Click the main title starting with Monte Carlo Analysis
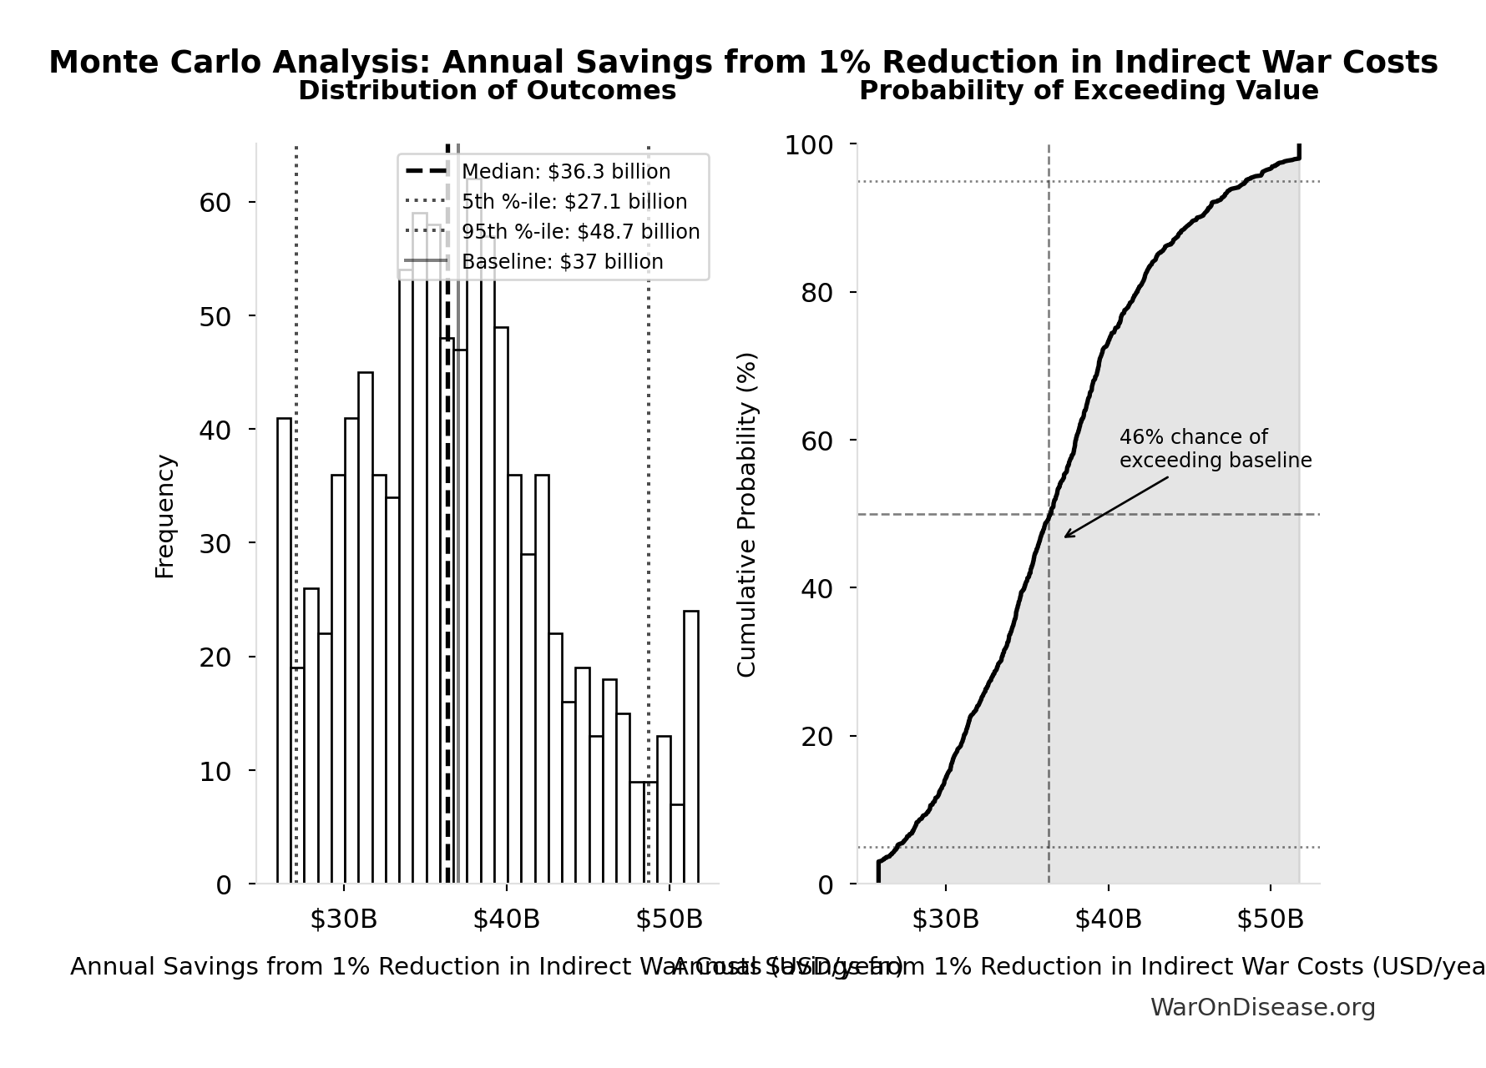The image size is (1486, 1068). pyautogui.click(x=743, y=63)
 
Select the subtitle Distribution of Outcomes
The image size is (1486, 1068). pyautogui.click(x=487, y=91)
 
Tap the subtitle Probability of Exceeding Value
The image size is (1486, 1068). pyautogui.click(x=1089, y=91)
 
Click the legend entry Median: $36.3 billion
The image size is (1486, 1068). pyautogui.click(x=565, y=172)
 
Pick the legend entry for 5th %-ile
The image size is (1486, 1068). pyautogui.click(x=574, y=202)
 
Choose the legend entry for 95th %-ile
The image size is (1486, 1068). pyautogui.click(x=580, y=232)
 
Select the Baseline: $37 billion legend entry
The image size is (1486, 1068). pyautogui.click(x=562, y=262)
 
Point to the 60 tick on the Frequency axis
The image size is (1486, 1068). pyautogui.click(x=215, y=203)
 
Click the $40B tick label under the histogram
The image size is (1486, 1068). pyautogui.click(x=506, y=919)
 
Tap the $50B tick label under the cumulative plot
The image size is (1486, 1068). pyautogui.click(x=1270, y=919)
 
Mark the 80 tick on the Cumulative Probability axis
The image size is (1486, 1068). pyautogui.click(x=816, y=293)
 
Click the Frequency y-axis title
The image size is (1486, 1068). pyautogui.click(x=165, y=516)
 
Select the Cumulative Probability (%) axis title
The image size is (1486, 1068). pyautogui.click(x=746, y=514)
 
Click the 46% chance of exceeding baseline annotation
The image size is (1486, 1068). pyautogui.click(x=1215, y=449)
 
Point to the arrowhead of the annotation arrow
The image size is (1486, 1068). pyautogui.click(x=1066, y=537)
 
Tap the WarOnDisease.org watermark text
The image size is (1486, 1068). pyautogui.click(x=1262, y=1008)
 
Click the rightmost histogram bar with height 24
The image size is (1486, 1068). pyautogui.click(x=691, y=747)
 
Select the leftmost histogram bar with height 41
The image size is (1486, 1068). pyautogui.click(x=284, y=651)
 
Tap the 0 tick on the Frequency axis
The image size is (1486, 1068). pyautogui.click(x=224, y=884)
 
